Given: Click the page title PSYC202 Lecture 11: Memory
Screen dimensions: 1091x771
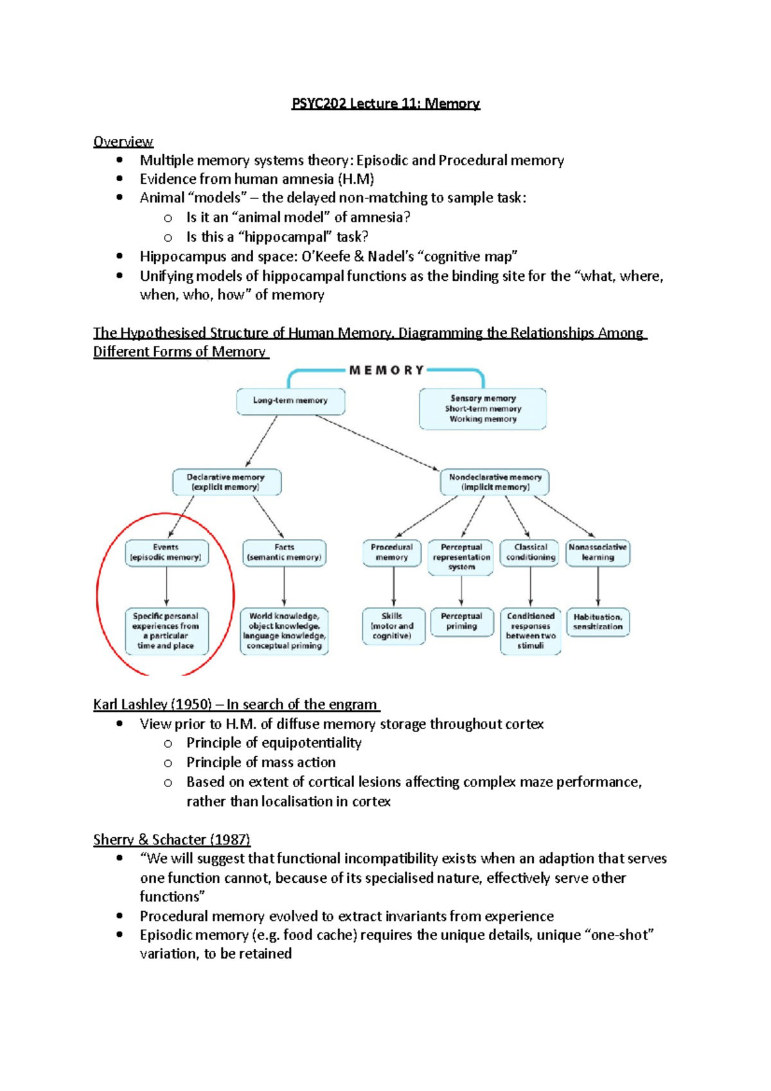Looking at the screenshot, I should [x=385, y=103].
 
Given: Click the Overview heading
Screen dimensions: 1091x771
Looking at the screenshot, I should [x=123, y=141].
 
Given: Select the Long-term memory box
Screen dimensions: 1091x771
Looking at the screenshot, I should [x=290, y=401].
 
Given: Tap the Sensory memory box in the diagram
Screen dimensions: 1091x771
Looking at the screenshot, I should [x=483, y=409].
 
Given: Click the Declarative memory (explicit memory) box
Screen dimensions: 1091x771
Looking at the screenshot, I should [x=226, y=482].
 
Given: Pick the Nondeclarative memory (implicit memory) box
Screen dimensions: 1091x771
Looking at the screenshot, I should [x=495, y=482].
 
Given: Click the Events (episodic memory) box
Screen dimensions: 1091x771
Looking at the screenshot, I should [x=166, y=553].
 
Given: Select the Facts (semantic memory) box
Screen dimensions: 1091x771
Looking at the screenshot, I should [x=284, y=553].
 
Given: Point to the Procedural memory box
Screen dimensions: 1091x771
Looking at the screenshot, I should [x=392, y=553].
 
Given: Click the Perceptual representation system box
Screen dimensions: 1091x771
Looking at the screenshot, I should [x=461, y=557].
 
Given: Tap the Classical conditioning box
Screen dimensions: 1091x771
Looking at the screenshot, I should [x=531, y=553].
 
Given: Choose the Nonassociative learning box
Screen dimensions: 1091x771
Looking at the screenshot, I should [x=598, y=553].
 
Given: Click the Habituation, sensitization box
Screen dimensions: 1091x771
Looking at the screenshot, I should [x=598, y=622].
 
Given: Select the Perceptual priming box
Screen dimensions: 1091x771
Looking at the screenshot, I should [x=461, y=621].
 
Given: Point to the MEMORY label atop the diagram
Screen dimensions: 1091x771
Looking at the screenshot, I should [x=386, y=371].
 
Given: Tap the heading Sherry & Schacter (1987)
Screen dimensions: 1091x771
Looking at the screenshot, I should [x=172, y=839].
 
